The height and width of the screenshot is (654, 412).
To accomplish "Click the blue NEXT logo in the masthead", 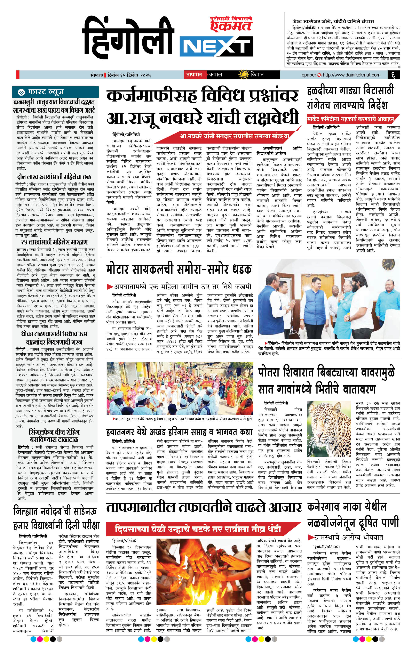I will pyautogui.click(x=215, y=45).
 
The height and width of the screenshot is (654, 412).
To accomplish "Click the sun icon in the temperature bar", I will pyautogui.click(x=243, y=74).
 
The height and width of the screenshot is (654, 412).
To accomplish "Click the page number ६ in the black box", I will pyautogui.click(x=393, y=75).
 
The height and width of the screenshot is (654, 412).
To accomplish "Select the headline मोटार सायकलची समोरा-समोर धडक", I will pyautogui.click(x=179, y=270).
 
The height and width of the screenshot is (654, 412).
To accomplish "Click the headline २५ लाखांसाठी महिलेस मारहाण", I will pyautogui.click(x=54, y=242).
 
